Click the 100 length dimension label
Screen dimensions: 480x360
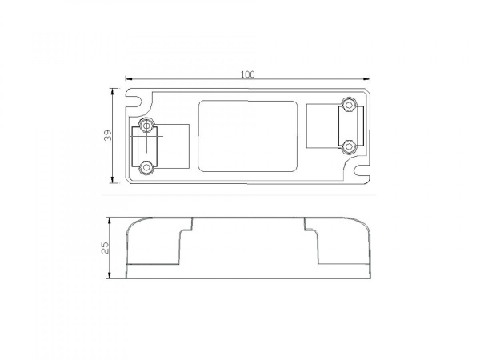click(x=247, y=74)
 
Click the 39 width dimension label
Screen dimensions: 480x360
click(x=108, y=136)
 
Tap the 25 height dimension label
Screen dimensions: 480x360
click(x=105, y=248)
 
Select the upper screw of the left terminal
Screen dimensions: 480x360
click(x=146, y=126)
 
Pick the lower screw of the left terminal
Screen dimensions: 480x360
click(x=146, y=168)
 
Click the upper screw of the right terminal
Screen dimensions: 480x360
click(x=348, y=105)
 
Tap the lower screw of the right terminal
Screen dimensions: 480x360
click(x=348, y=146)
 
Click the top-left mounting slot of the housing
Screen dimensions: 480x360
click(x=134, y=101)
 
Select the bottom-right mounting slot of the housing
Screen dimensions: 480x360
click(x=362, y=170)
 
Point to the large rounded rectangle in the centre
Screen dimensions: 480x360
click(x=198, y=136)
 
